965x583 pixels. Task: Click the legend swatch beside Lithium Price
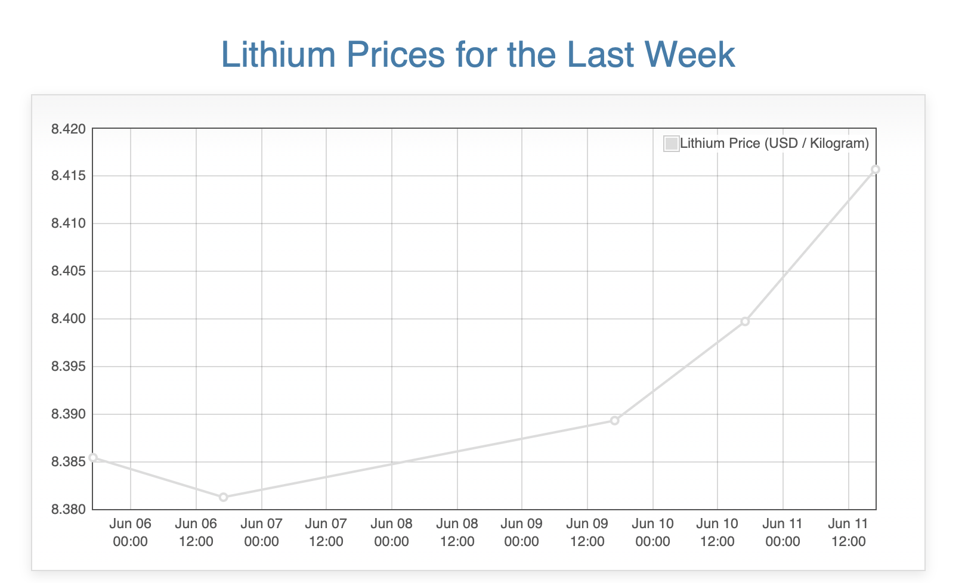click(671, 144)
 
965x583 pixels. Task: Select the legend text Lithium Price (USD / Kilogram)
click(774, 143)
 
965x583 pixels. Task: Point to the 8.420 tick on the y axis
click(69, 129)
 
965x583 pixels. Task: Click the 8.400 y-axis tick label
click(69, 319)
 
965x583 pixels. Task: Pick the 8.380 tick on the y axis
click(69, 510)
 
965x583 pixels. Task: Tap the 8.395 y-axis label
click(69, 367)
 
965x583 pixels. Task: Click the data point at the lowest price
click(223, 497)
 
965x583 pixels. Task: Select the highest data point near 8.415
click(876, 169)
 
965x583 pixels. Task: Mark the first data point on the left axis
click(93, 458)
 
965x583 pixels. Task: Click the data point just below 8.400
click(745, 321)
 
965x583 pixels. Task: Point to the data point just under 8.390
click(615, 420)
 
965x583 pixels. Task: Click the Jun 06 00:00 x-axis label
click(131, 532)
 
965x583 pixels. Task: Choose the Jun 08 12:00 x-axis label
click(457, 532)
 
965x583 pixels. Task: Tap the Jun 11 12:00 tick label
click(848, 532)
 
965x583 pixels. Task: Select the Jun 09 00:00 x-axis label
click(522, 532)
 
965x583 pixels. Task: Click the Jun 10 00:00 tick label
click(652, 532)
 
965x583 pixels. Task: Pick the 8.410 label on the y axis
click(69, 224)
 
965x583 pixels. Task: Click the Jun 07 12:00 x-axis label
click(326, 532)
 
